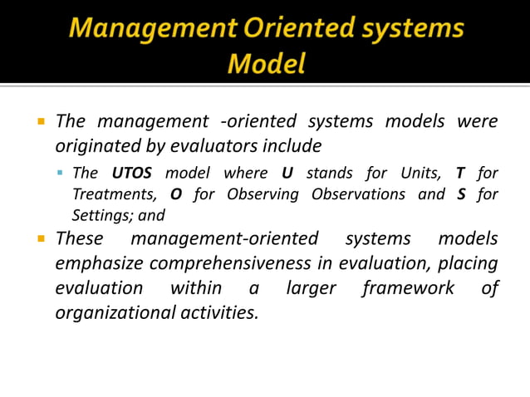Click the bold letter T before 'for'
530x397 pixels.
[x=459, y=174]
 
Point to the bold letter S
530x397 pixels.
[x=461, y=194]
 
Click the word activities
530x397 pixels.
[x=218, y=313]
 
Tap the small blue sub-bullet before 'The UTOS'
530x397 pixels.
[x=61, y=174]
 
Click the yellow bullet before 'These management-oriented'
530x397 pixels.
[x=40, y=239]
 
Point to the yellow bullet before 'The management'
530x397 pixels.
[x=40, y=121]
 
